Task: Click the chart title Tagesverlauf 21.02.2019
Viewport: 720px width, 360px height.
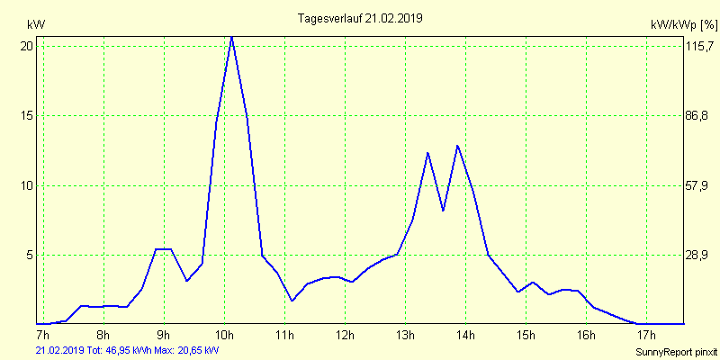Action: [x=360, y=18]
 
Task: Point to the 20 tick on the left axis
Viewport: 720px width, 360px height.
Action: [x=27, y=46]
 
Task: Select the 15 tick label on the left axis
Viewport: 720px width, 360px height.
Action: [x=27, y=116]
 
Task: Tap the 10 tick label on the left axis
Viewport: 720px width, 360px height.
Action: [x=27, y=185]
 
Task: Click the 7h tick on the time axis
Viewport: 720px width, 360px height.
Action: [x=42, y=336]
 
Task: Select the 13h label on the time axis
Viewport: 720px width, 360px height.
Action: [x=405, y=336]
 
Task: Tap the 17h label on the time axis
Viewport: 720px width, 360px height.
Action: [x=646, y=336]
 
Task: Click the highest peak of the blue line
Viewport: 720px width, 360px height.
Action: [x=232, y=37]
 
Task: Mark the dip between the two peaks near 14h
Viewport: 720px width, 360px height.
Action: [x=443, y=211]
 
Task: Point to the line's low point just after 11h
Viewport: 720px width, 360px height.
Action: [x=292, y=301]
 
